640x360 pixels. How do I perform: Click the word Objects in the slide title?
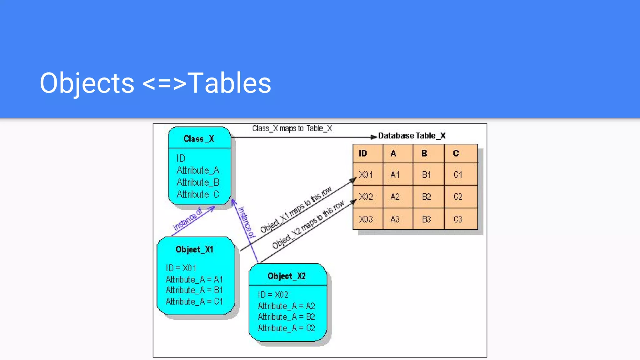[x=87, y=83]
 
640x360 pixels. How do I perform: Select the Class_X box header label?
[x=199, y=139]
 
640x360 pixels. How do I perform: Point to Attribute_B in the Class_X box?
[x=198, y=182]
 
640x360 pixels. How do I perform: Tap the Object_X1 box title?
[x=194, y=249]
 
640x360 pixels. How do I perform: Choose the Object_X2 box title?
[x=287, y=276]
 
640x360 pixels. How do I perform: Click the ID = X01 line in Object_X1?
[x=181, y=268]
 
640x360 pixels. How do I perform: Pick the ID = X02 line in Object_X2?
[x=273, y=295]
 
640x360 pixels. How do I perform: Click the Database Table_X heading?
[x=412, y=136]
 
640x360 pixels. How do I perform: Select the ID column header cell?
[x=367, y=153]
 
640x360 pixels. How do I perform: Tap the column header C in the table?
[x=461, y=153]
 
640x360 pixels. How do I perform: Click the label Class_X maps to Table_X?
[x=292, y=129]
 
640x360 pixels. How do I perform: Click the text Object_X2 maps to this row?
[x=308, y=225]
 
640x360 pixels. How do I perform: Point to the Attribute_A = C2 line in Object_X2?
[x=286, y=328]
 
